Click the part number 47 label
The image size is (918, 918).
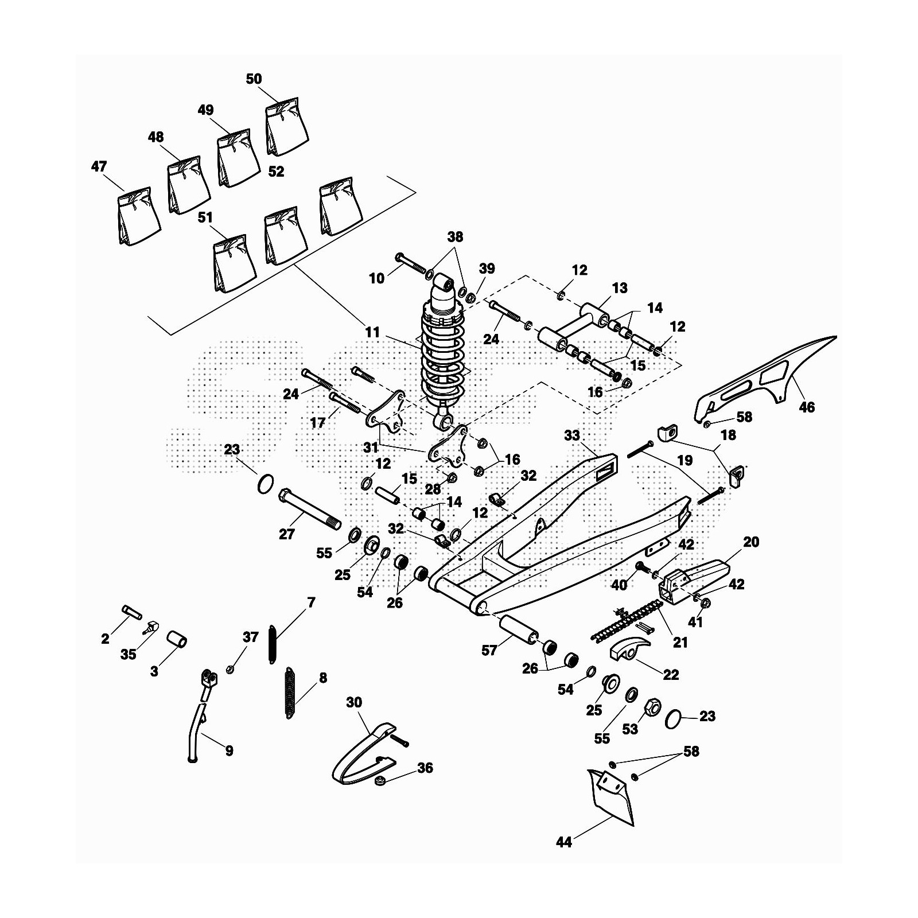(x=99, y=166)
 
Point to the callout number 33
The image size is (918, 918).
(x=572, y=436)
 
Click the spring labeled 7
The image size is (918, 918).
(x=273, y=645)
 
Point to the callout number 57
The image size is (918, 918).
(x=489, y=651)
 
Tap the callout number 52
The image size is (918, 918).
(x=276, y=172)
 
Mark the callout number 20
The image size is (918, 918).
(x=750, y=542)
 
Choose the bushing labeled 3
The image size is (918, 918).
(x=177, y=639)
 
